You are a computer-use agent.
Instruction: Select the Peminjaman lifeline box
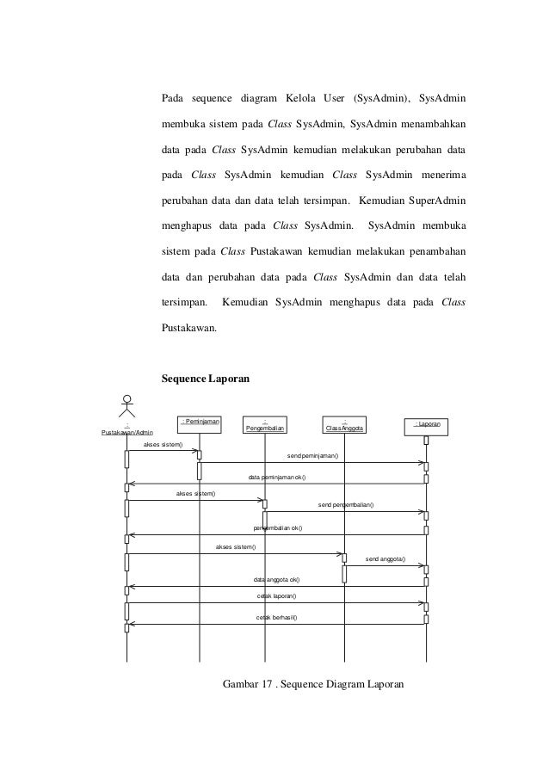200,422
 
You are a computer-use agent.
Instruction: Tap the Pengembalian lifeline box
265,425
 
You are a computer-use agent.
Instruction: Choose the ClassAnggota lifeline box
344,426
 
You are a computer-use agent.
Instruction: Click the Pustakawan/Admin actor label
126,432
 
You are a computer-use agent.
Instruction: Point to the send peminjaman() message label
312,456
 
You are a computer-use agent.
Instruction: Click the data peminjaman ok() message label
277,477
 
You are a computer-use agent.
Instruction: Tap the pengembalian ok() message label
278,527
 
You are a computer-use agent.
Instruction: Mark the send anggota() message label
386,559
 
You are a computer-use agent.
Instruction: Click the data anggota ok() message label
276,580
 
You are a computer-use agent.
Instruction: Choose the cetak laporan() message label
277,595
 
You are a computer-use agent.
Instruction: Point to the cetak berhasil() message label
277,618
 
